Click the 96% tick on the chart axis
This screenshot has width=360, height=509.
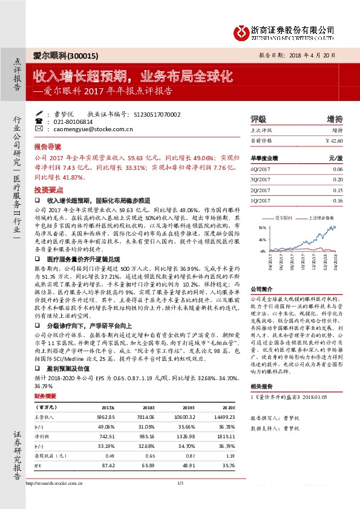tap(262, 228)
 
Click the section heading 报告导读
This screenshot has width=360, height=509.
tap(48, 147)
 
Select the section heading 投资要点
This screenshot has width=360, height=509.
tap(48, 189)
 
